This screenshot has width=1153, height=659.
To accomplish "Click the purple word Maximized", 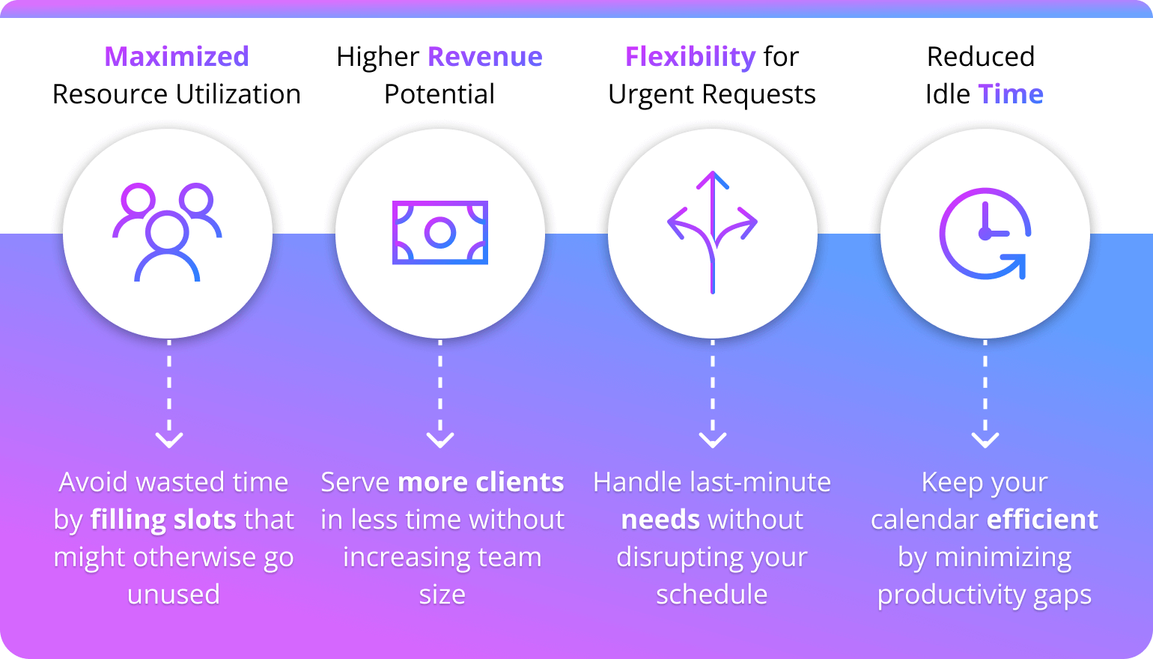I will [x=177, y=57].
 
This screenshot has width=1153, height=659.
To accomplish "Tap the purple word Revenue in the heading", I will [x=485, y=57].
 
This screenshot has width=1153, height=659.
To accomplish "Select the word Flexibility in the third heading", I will [x=690, y=57].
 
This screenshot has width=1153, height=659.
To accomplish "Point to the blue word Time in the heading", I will [x=1011, y=94].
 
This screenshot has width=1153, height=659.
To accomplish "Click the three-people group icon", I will [x=168, y=232].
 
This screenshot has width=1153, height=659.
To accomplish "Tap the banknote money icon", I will [x=440, y=232].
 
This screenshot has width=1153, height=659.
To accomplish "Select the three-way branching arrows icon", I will [x=713, y=232].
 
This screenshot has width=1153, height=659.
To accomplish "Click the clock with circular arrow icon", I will [x=985, y=233].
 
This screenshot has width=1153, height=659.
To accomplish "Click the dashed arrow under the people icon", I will [x=169, y=394].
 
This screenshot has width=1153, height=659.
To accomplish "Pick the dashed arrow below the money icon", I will [x=440, y=394].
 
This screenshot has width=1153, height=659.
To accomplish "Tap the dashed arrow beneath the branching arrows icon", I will [x=713, y=394].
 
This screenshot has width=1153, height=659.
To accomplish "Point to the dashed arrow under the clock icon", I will [x=985, y=394].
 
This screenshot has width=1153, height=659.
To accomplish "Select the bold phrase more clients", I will [x=481, y=482].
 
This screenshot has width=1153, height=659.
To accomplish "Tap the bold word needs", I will [x=660, y=520].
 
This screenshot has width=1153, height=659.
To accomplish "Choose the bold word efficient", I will [x=1042, y=520].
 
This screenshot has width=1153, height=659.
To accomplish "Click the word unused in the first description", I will [x=174, y=595].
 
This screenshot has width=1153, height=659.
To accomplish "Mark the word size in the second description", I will [x=442, y=595].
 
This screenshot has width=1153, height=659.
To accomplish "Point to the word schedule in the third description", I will [x=712, y=595].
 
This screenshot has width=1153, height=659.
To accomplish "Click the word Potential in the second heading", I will [x=439, y=94].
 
